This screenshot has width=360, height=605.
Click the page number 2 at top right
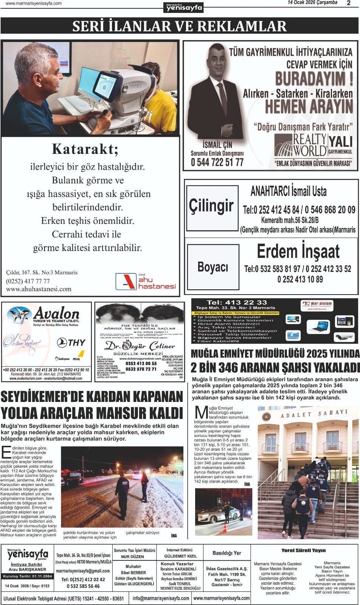[348, 3]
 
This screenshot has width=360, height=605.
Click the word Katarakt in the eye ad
[85, 149]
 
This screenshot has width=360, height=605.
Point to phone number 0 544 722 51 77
[217, 163]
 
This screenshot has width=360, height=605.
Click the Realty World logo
[301, 145]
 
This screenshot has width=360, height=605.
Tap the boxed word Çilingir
[211, 206]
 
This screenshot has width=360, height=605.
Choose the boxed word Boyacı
[213, 267]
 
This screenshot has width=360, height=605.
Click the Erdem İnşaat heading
[298, 251]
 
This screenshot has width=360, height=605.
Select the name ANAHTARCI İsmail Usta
[289, 192]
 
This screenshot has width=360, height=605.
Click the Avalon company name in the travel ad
[56, 313]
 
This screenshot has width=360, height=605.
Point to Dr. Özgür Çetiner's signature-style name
[140, 346]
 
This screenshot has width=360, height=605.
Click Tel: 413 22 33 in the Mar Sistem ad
[237, 302]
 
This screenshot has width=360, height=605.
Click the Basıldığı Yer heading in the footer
[227, 553]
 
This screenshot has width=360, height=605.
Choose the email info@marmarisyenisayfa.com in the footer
[161, 598]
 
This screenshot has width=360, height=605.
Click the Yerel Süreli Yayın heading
[303, 550]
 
